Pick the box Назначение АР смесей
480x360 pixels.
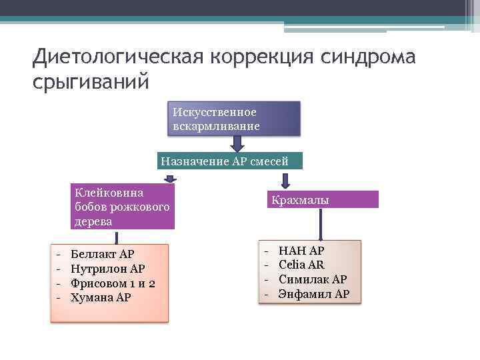click(230, 161)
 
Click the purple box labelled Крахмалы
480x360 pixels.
click(322, 199)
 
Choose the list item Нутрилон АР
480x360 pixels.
click(107, 269)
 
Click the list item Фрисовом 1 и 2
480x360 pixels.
click(113, 283)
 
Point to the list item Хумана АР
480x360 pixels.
click(101, 297)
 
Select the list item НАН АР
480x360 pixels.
click(301, 251)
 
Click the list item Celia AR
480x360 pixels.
click(301, 265)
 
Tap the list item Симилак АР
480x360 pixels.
click(312, 279)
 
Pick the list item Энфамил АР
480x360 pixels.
click(313, 293)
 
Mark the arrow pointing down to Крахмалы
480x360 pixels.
click(285, 180)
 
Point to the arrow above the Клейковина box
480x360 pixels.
click(170, 178)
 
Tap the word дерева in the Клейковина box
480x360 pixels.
click(93, 221)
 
